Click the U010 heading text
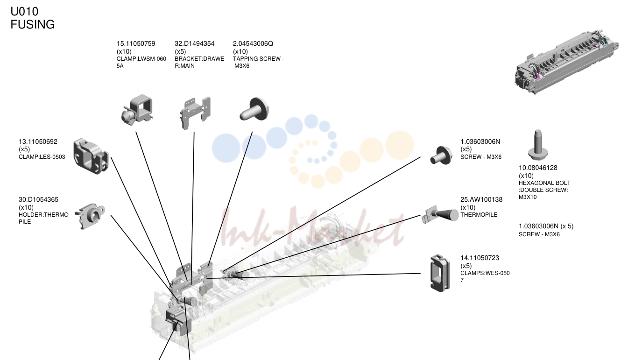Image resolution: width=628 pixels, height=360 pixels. tap(24, 12)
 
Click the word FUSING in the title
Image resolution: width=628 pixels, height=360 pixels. tap(33, 24)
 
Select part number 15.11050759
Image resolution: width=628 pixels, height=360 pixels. tap(136, 44)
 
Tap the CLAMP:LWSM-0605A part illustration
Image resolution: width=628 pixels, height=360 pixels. tap(137, 110)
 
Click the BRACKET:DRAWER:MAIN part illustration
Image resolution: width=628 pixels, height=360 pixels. tap(195, 113)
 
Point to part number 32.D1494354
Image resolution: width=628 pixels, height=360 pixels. tap(195, 44)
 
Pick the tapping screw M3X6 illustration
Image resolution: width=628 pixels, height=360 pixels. tap(254, 109)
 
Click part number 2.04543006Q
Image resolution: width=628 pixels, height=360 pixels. tap(253, 44)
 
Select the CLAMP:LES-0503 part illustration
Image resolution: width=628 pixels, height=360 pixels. tap(91, 156)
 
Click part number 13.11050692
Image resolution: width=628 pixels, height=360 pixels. tap(38, 141)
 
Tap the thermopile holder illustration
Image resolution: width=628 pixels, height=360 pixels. tap(90, 216)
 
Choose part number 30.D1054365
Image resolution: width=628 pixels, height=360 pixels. tap(38, 200)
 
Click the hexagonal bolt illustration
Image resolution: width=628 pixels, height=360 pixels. tap(538, 145)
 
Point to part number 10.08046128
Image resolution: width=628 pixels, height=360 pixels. tap(538, 168)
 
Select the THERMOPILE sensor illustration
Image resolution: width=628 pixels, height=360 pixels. tap(440, 215)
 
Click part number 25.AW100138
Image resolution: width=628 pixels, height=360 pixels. tap(481, 200)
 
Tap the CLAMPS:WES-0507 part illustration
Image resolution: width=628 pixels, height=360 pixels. tap(440, 273)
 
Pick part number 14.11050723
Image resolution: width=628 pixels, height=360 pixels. tap(480, 258)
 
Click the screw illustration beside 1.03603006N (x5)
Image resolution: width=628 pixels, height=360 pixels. tap(441, 155)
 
